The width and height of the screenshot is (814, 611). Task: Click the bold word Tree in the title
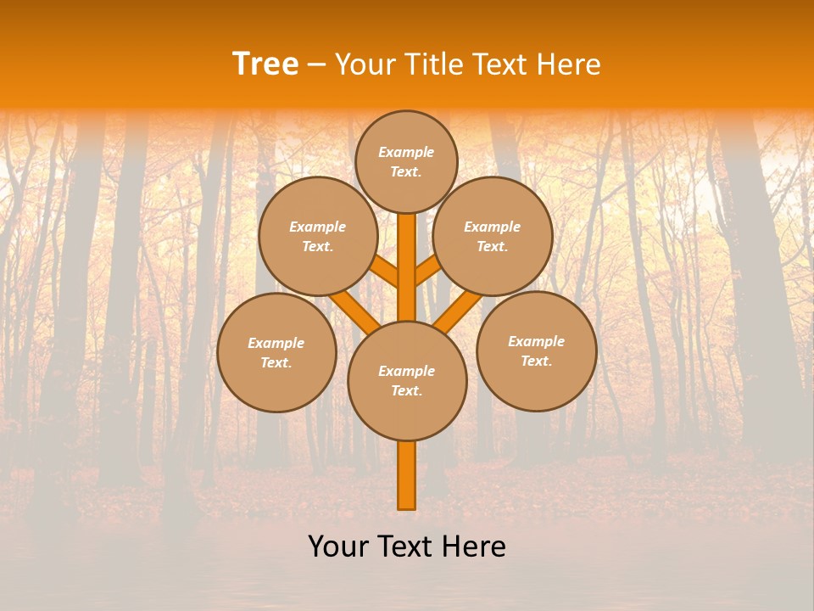(x=265, y=64)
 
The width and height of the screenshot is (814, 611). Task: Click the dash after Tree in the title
(x=316, y=65)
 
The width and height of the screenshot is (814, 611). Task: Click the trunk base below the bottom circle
(x=407, y=475)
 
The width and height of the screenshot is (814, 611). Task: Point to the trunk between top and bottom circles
(x=407, y=267)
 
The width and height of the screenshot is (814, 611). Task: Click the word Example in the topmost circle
(x=406, y=153)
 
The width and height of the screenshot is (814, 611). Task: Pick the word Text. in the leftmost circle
(x=276, y=363)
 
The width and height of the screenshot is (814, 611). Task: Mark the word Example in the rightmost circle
(x=536, y=342)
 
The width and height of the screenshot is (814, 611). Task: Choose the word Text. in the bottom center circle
(x=406, y=391)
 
